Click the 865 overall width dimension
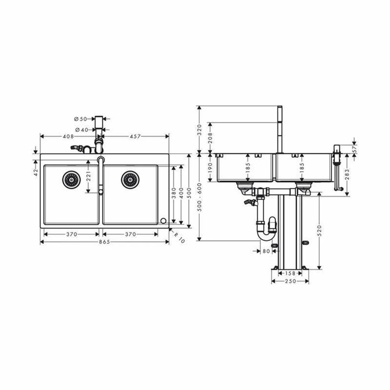105,242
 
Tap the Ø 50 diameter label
81,119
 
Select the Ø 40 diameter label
82,129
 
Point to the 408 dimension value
68,136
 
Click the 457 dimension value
135,136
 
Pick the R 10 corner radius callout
179,238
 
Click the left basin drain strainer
71,179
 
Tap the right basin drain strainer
130,179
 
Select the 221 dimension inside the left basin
88,176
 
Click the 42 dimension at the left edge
36,172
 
